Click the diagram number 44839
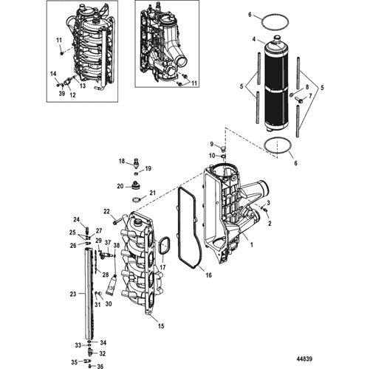point(304,359)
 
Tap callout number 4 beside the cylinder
point(254,39)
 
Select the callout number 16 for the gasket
point(208,275)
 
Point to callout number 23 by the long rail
point(73,294)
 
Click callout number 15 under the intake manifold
point(161,326)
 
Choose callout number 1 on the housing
point(251,244)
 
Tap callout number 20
point(120,187)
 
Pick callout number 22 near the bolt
point(106,211)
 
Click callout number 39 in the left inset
point(62,94)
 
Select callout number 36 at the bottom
point(100,367)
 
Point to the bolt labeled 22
point(118,220)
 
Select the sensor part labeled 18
point(136,162)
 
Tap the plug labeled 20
point(134,184)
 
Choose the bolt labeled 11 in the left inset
point(61,52)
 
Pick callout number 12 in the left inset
point(73,94)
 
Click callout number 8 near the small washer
point(306,87)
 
